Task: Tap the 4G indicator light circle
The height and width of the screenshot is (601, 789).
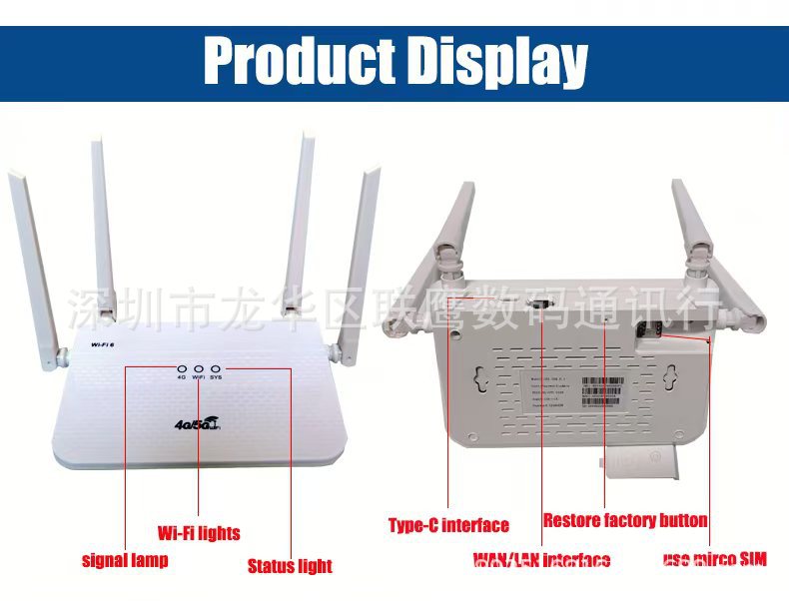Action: [182, 367]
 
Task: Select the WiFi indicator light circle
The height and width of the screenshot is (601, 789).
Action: [199, 367]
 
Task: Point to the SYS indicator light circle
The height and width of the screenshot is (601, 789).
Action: [216, 367]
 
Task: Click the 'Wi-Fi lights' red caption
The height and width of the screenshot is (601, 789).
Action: [199, 533]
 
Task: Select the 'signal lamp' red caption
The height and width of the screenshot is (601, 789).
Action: [125, 560]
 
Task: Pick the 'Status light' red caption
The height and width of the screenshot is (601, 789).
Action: [290, 566]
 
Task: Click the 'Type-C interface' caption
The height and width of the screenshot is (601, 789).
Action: [448, 525]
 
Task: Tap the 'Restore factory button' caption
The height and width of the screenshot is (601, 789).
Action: [625, 520]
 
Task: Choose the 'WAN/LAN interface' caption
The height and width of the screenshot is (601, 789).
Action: [541, 560]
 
